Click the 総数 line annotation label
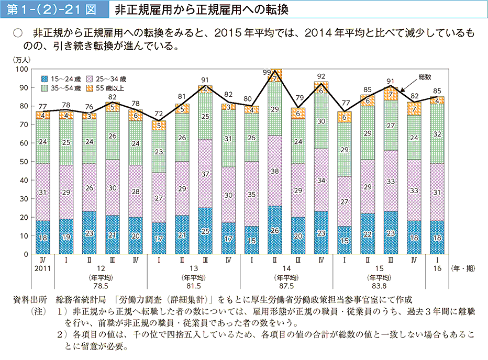coord(425,76)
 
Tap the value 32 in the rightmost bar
coord(437,133)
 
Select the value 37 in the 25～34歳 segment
coord(206,174)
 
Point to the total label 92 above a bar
coord(321,76)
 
